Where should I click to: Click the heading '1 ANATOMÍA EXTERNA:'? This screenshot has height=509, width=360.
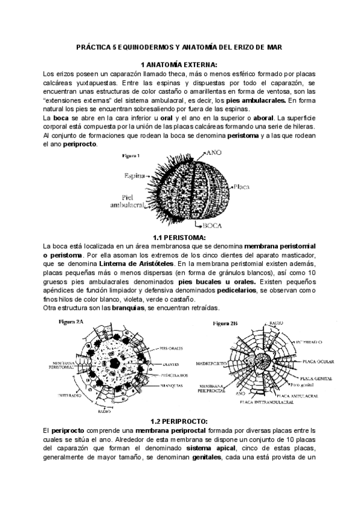point(179,64)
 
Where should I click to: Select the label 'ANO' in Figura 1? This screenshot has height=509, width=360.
point(214,153)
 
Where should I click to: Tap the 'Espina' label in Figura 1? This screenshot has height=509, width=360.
point(136,176)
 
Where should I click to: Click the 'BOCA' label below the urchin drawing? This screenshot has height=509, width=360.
point(212,226)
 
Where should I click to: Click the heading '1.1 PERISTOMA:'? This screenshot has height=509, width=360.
point(179,238)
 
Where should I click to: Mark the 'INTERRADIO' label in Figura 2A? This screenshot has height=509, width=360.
point(71,395)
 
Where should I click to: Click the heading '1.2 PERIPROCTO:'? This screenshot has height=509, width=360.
point(179,421)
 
